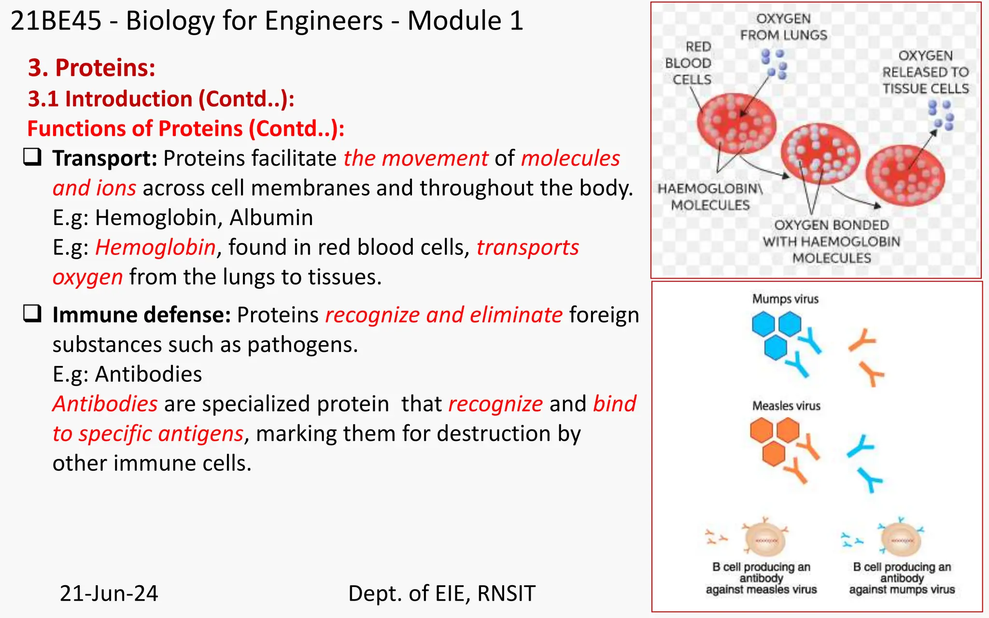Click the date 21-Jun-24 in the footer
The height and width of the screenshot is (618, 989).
[x=109, y=593]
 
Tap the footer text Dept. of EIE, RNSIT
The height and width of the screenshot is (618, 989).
[x=441, y=593]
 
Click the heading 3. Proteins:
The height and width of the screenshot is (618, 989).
[x=92, y=68]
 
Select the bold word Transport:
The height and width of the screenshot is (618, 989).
[x=105, y=158]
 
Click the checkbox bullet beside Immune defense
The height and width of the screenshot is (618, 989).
[x=32, y=314]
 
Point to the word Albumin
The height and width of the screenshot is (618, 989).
[x=271, y=218]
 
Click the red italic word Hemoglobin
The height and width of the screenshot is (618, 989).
[x=155, y=247]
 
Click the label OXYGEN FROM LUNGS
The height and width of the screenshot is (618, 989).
[x=783, y=27]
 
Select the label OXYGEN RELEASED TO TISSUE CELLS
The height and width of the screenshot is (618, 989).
[x=925, y=72]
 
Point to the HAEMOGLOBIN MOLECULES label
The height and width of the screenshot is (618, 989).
[x=710, y=197]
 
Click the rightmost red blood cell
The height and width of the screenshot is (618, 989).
[x=905, y=176]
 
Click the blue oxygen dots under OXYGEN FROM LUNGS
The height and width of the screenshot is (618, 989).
[x=774, y=64]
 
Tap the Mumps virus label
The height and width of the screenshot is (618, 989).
[x=785, y=299]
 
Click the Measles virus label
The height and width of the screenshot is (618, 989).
[x=786, y=406]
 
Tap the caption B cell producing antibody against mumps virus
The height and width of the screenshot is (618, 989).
[x=902, y=578]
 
